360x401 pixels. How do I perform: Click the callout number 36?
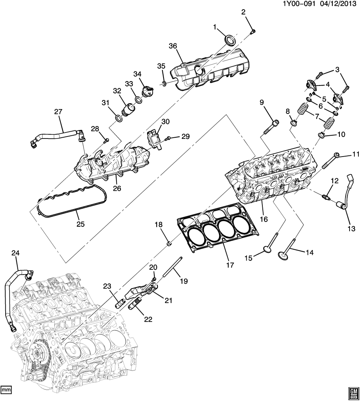click(x=173, y=46)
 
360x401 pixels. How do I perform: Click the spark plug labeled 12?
click(x=326, y=196)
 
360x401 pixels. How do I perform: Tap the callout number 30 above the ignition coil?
click(x=166, y=122)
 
